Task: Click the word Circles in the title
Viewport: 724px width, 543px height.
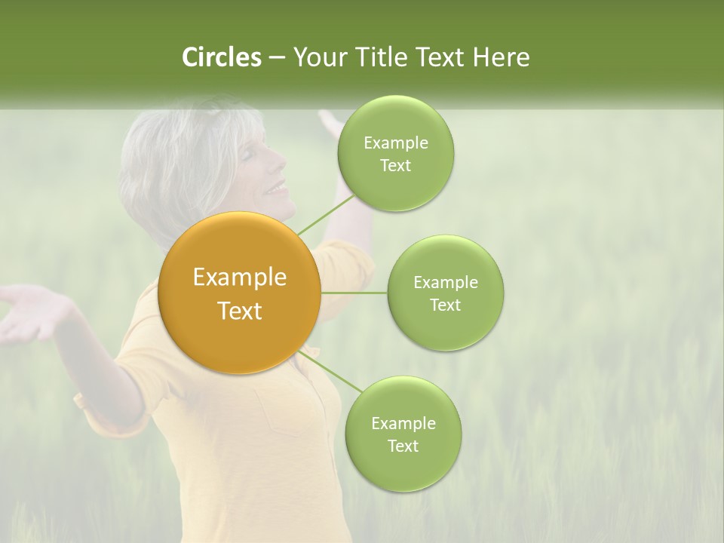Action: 221,57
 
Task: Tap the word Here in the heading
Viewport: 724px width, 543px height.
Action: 501,57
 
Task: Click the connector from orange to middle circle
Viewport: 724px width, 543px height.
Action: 354,293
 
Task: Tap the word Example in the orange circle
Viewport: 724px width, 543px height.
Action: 239,278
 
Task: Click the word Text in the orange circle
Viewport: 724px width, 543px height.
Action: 239,311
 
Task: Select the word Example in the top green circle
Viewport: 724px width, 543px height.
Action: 395,143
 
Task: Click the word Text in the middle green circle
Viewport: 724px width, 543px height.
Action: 445,305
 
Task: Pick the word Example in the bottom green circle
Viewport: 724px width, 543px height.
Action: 403,423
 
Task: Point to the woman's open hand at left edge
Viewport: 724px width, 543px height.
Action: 26,313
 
